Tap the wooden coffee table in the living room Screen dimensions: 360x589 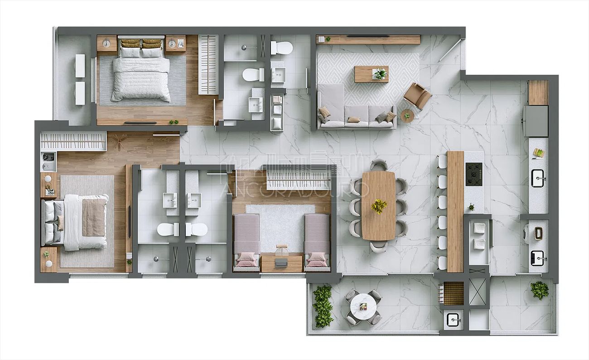click(x=371, y=74)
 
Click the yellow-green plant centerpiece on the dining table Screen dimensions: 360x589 click(x=379, y=206)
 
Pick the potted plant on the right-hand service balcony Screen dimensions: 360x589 click(x=539, y=290)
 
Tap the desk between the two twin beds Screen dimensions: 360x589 click(x=281, y=263)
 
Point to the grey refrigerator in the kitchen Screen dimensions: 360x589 click(x=536, y=121)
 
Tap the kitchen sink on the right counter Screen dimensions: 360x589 click(x=538, y=178)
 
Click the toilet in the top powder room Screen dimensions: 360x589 click(x=282, y=47)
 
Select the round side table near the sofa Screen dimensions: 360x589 click(x=407, y=116)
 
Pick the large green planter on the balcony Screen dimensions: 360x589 click(x=323, y=306)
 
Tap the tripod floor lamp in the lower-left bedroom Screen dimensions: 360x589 click(x=119, y=142)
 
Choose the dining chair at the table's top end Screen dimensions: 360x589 click(x=378, y=165)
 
